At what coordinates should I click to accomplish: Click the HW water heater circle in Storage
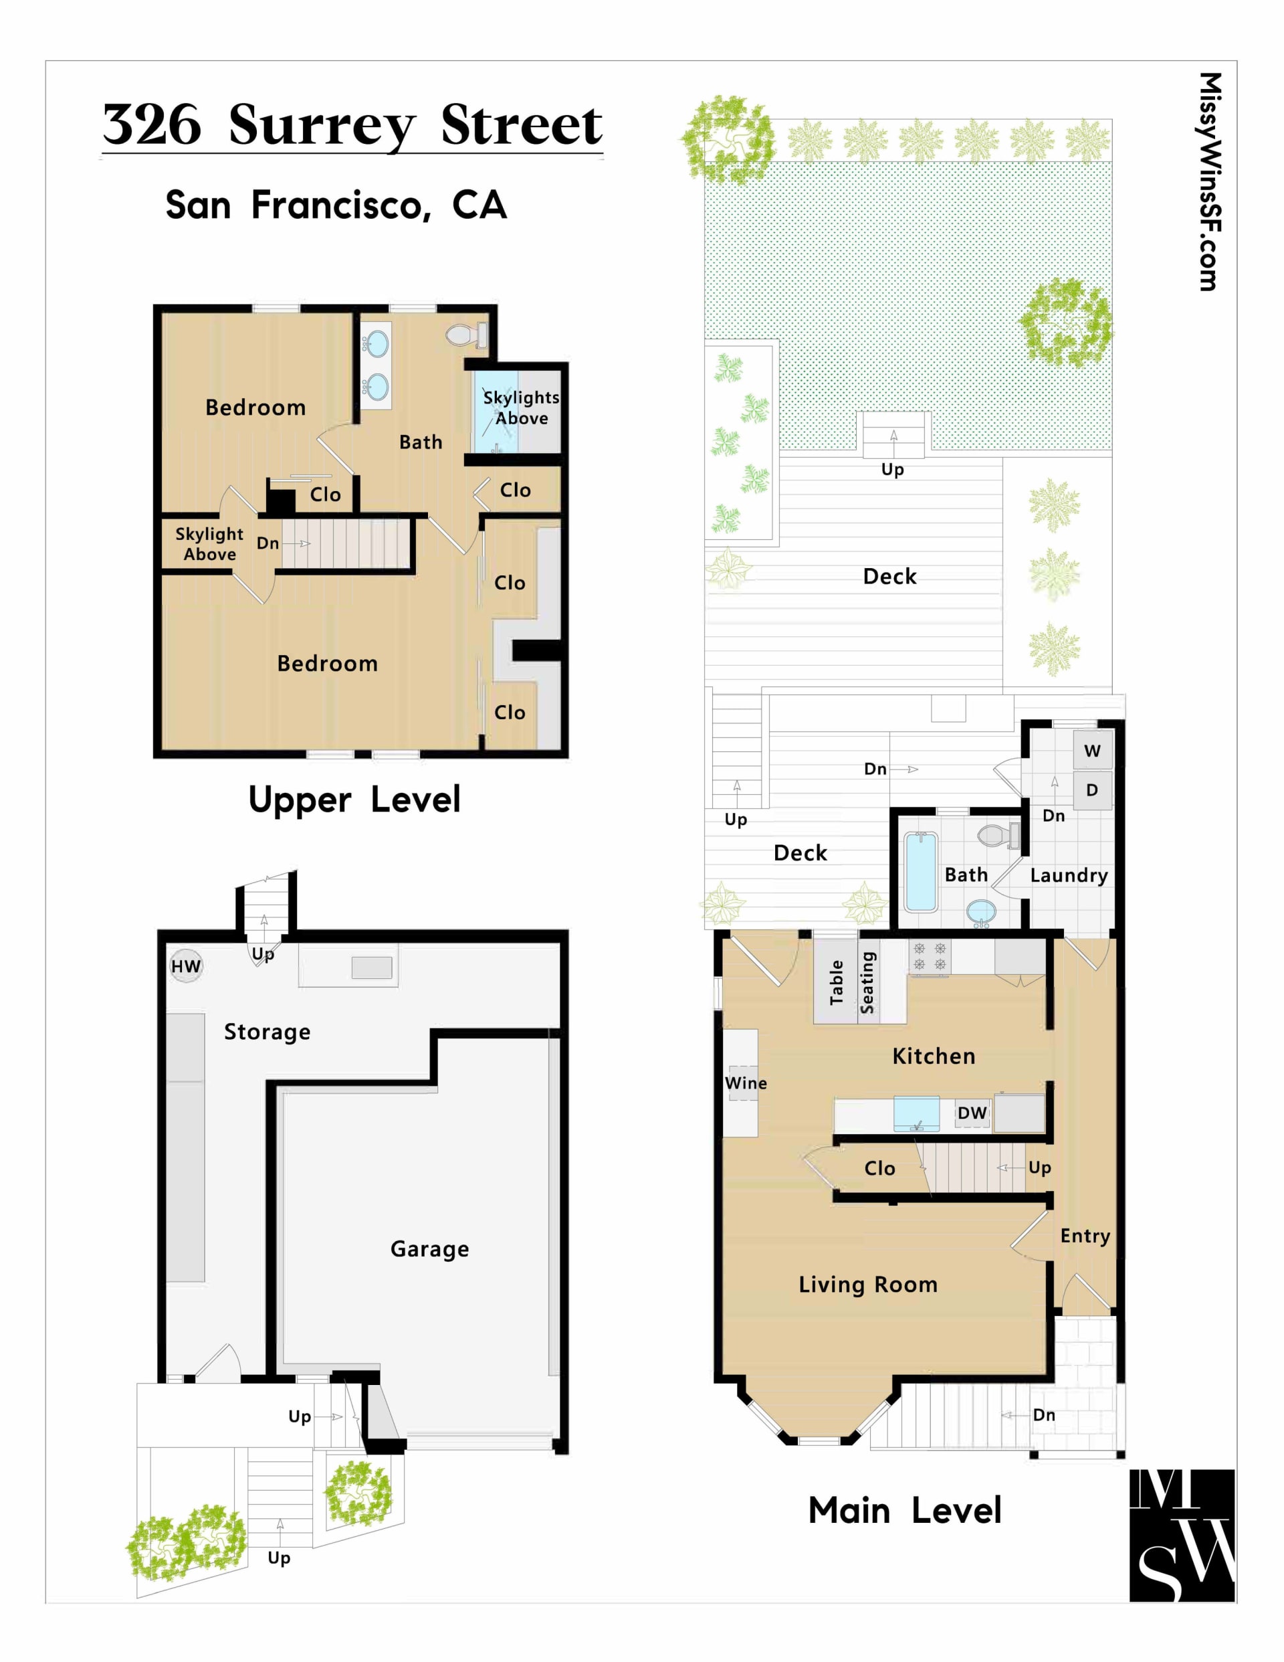click(x=186, y=966)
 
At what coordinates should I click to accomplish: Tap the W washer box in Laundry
click(x=1091, y=750)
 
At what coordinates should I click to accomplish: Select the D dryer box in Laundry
click(x=1091, y=790)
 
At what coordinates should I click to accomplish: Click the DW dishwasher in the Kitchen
click(x=972, y=1113)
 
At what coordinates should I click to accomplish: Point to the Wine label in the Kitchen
click(x=746, y=1083)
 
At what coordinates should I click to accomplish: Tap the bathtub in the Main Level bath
click(x=920, y=871)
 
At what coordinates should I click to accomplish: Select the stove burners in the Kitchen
click(x=930, y=957)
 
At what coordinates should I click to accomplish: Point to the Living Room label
click(x=868, y=1285)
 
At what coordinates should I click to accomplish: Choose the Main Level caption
click(x=904, y=1511)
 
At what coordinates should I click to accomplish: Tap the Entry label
click(x=1085, y=1236)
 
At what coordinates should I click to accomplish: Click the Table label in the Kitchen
click(x=837, y=982)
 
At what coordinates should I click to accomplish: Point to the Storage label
click(x=267, y=1032)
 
